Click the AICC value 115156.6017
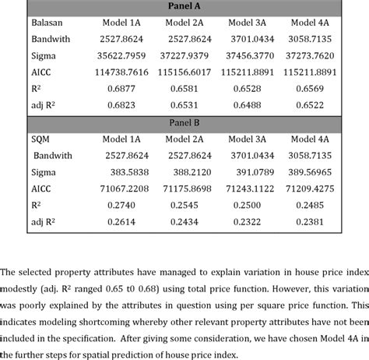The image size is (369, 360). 191,73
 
